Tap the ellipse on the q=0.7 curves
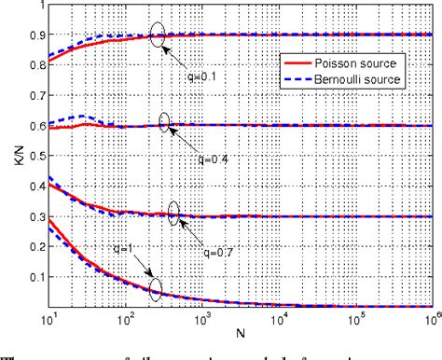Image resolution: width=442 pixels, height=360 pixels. [x=173, y=215]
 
